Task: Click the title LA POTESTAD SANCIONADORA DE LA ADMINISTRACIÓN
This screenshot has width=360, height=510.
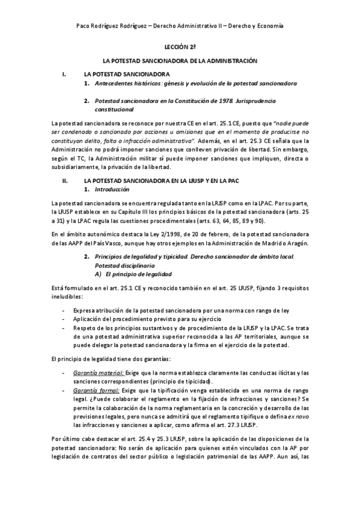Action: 180,61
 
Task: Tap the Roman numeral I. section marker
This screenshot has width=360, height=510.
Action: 64,73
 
